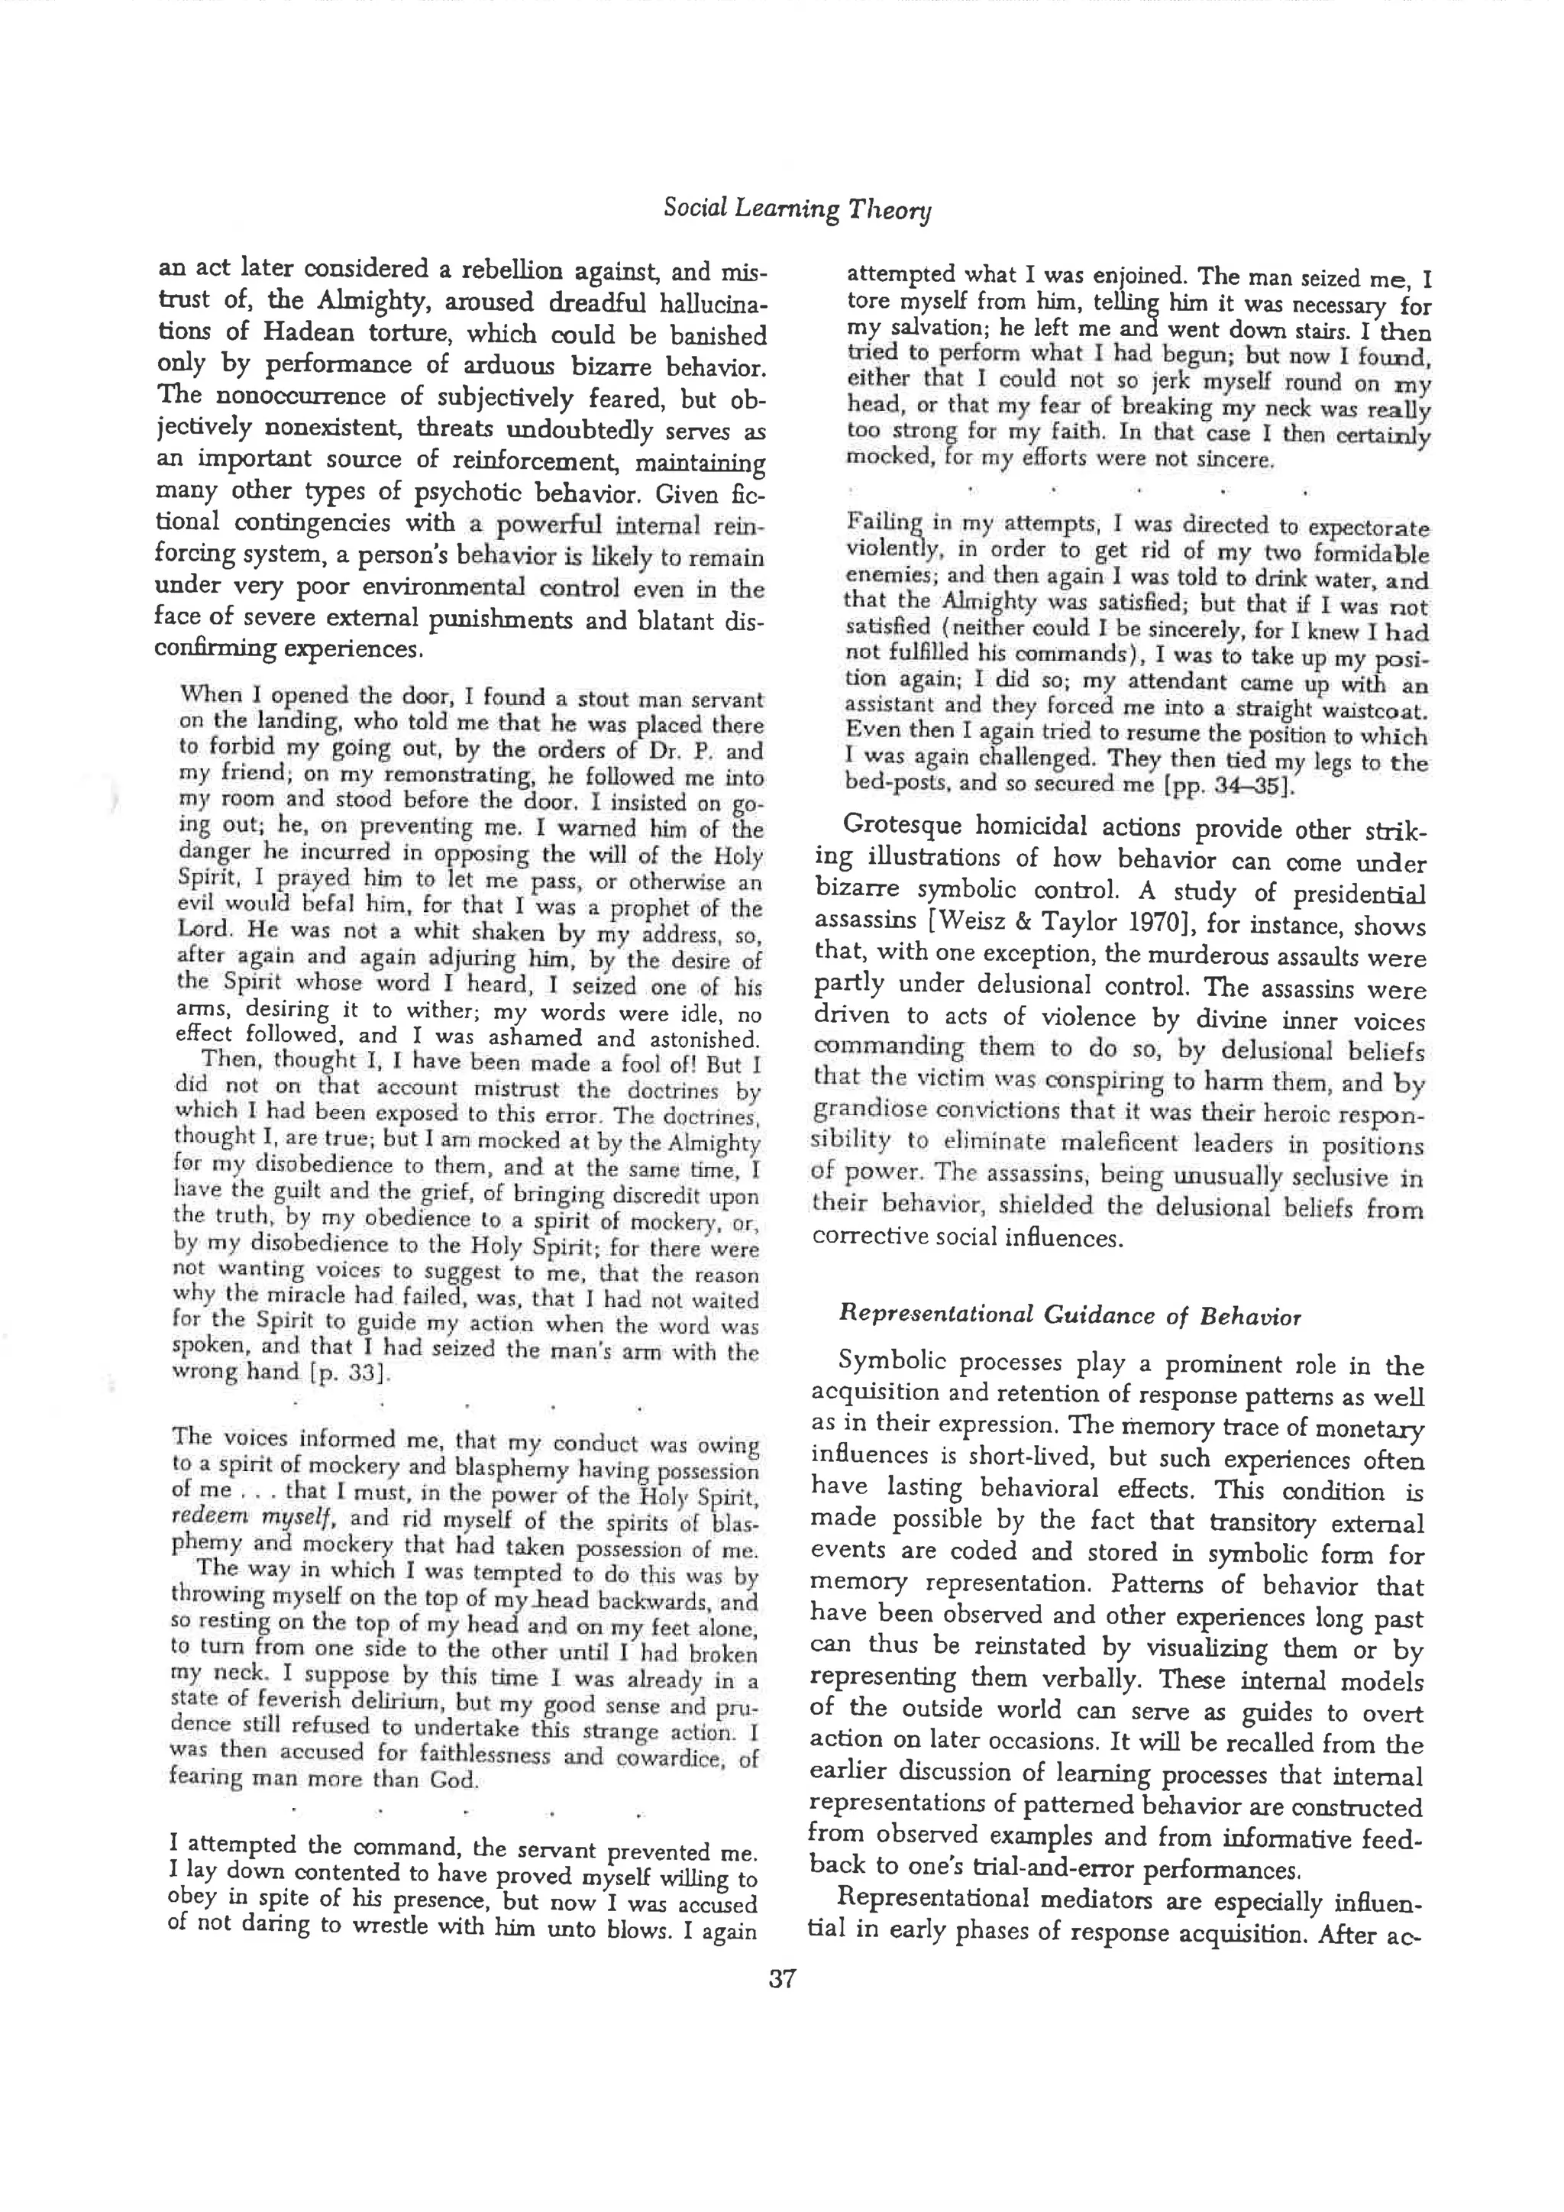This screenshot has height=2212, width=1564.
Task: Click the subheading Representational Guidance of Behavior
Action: click(x=1070, y=1315)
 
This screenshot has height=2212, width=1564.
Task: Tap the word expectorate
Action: click(x=1366, y=529)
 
